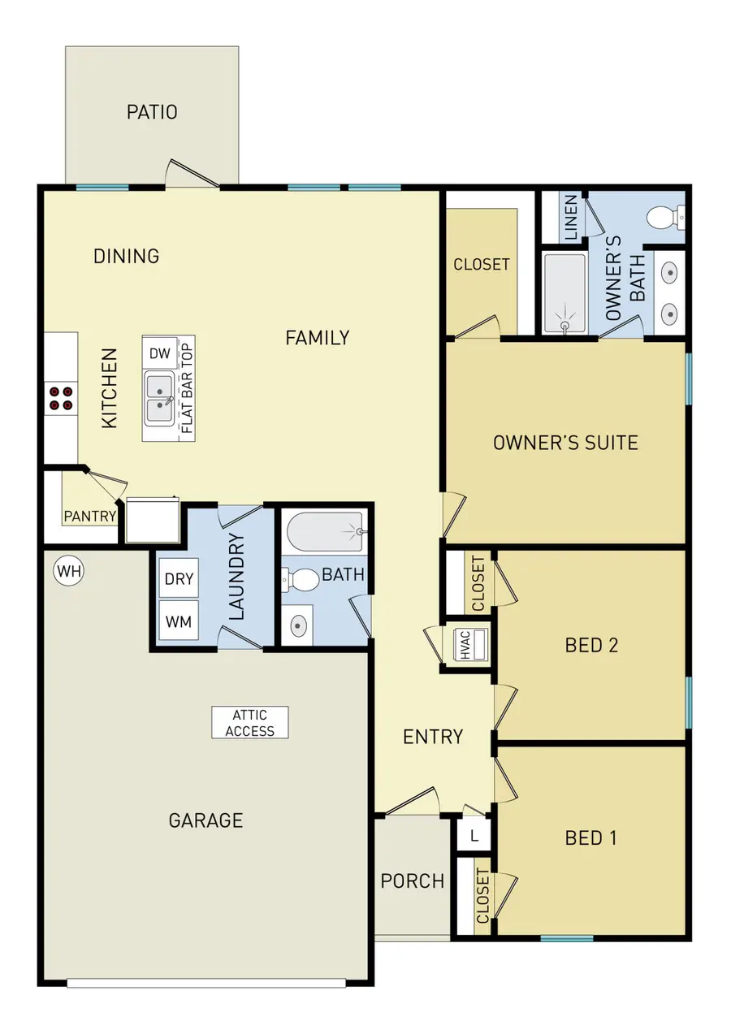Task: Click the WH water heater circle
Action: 69,571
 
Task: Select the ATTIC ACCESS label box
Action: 250,722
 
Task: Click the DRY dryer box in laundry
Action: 179,578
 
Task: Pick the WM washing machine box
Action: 179,621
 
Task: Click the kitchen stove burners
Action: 61,397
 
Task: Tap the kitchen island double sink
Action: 158,400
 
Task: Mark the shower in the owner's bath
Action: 564,294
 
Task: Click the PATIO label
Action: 152,112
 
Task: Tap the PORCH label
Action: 413,880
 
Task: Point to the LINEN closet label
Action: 571,218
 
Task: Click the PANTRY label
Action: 90,516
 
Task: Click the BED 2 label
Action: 591,645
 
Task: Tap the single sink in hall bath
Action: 298,625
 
